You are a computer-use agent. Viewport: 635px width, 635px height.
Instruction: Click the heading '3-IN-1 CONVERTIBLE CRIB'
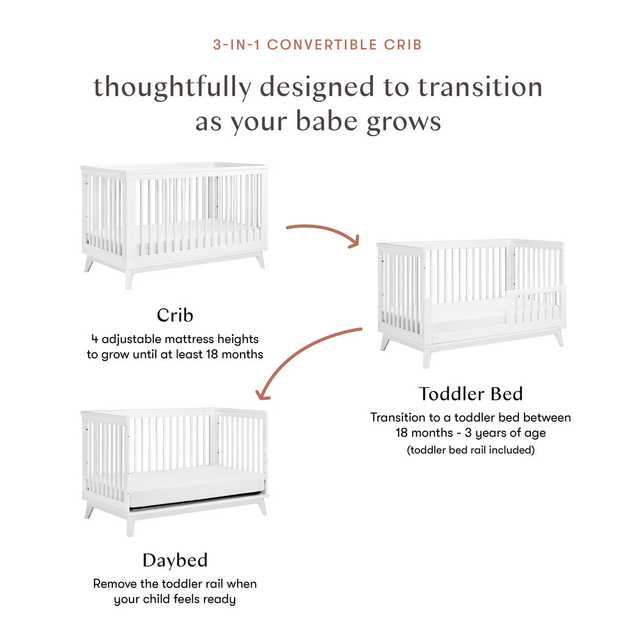pos(317,45)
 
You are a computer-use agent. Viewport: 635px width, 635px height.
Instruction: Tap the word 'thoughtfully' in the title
pos(172,87)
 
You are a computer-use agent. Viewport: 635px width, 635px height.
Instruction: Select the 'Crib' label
pos(175,315)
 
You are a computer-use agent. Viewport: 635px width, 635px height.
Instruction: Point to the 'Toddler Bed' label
pos(471,394)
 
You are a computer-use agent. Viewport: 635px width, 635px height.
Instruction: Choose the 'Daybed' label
pos(175,560)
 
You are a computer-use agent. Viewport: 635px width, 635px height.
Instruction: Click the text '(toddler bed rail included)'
pos(470,450)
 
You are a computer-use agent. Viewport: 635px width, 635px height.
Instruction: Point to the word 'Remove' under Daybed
pos(117,584)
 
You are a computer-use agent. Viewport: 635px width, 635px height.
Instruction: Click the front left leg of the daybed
pos(130,526)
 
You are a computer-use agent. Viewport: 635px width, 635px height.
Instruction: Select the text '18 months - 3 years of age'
pos(470,434)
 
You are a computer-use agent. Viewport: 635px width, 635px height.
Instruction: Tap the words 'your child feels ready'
pos(175,600)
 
